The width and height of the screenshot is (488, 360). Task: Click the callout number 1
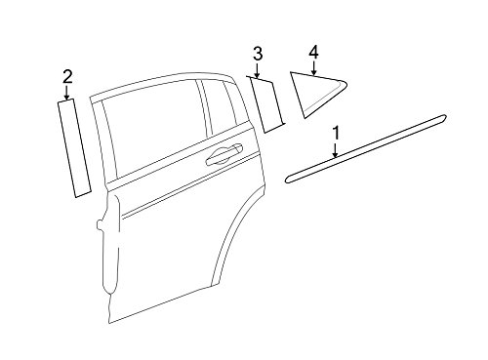336,133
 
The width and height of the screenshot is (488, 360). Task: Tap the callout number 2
67,77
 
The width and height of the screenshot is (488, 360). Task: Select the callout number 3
258,54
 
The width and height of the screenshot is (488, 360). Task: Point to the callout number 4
313,53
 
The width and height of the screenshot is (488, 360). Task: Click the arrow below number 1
336,150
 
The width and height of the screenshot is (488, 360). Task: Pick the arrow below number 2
67,93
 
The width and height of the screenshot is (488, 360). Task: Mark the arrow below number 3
257,70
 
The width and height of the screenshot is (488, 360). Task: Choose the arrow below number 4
313,68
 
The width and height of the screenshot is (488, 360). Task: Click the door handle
224,154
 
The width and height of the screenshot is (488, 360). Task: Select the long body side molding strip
365,148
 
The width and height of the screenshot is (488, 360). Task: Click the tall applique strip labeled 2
74,147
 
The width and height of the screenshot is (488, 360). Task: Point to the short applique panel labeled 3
266,104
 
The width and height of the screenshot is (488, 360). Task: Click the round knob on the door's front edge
100,225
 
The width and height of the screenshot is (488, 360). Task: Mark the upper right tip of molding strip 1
444,116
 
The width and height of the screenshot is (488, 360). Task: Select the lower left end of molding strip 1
287,180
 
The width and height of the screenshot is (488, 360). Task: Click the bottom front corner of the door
109,323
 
